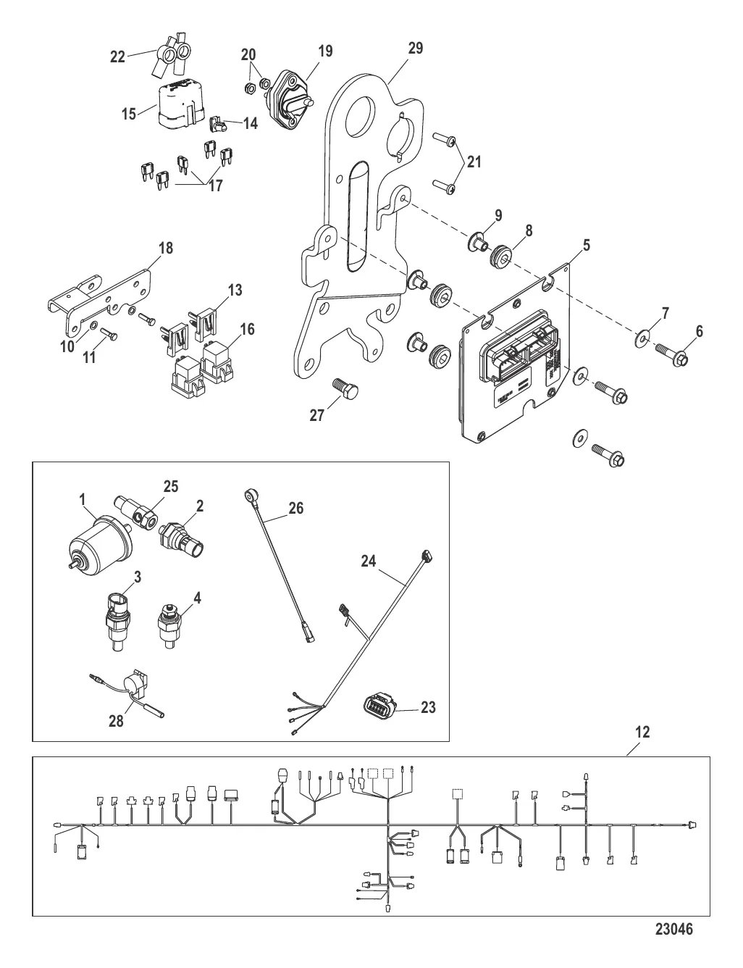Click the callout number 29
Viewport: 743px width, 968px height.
point(415,49)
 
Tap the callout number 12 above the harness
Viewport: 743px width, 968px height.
point(643,733)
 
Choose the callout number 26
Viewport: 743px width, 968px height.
point(295,509)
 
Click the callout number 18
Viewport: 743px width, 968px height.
point(166,249)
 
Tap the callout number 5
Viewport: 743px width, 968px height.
point(587,246)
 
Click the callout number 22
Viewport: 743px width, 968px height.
point(118,57)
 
